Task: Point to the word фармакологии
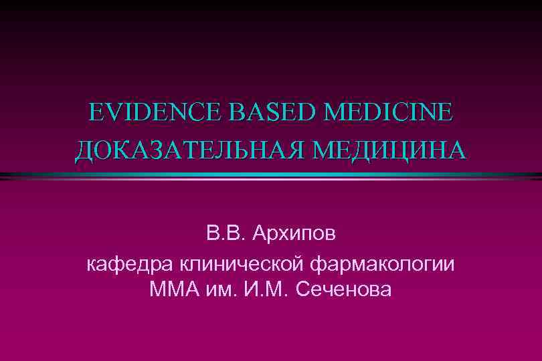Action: pos(383,264)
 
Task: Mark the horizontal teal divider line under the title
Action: pos(271,175)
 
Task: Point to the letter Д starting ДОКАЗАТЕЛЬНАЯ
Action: pos(84,150)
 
